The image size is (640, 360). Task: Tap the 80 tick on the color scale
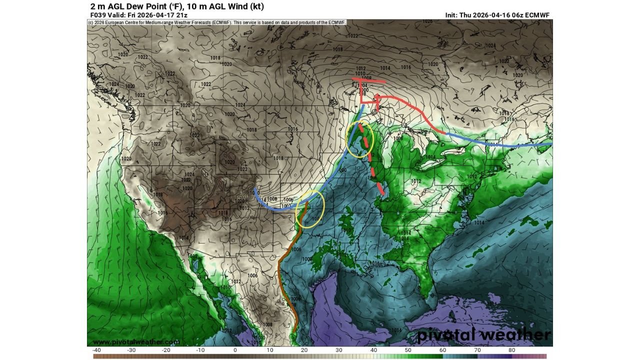[511, 350]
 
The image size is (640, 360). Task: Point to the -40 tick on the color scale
[97, 350]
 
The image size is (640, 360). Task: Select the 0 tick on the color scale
[235, 350]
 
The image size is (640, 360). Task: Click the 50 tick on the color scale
[408, 350]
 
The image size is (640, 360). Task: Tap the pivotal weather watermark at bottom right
[483, 335]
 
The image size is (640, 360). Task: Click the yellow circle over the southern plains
[310, 209]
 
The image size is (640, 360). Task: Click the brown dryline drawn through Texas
[283, 280]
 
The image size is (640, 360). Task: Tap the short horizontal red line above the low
[369, 80]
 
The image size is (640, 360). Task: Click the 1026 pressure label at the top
[427, 21]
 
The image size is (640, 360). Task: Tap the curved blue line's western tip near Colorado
[255, 190]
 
